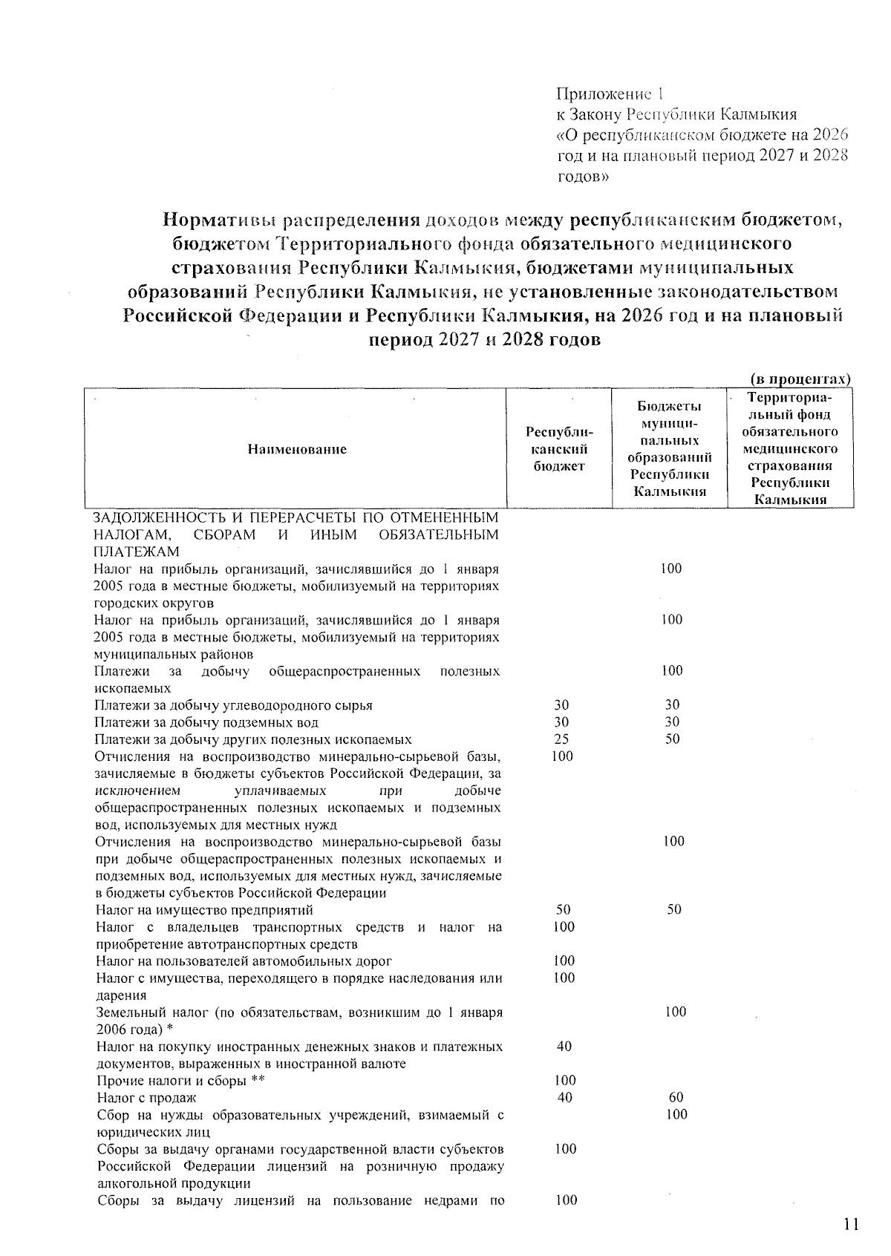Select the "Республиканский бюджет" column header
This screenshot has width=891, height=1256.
coord(560,449)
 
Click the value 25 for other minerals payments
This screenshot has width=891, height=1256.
coord(561,739)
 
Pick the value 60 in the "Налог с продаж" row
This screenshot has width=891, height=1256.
coord(676,1098)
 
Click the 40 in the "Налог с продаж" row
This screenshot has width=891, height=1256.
coord(564,1098)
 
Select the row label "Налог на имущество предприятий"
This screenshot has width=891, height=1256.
coord(205,910)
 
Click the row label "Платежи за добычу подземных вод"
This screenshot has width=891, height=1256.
coord(207,722)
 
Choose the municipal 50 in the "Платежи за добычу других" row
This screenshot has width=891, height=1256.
coord(673,739)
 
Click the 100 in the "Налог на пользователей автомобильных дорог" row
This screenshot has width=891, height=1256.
coord(564,961)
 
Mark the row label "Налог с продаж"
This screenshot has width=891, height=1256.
coord(147,1098)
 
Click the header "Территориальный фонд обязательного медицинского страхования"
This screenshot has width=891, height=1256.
coord(790,449)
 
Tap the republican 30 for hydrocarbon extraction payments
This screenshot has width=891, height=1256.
coord(561,705)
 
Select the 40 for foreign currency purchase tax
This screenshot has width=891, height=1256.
coord(564,1047)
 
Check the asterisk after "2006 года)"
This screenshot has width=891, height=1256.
coord(170,1030)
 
